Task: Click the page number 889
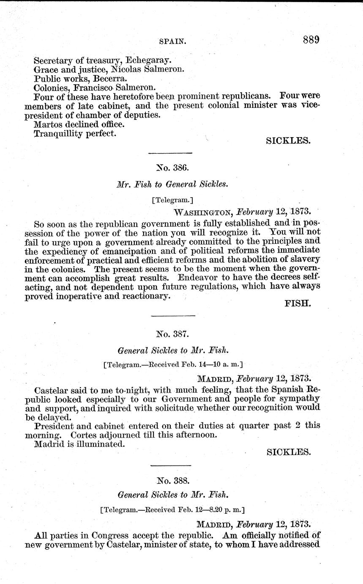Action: click(311, 40)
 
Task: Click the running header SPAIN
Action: click(173, 42)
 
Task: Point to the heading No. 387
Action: click(172, 334)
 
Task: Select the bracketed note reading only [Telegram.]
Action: click(172, 198)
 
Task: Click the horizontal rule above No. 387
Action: click(172, 316)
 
